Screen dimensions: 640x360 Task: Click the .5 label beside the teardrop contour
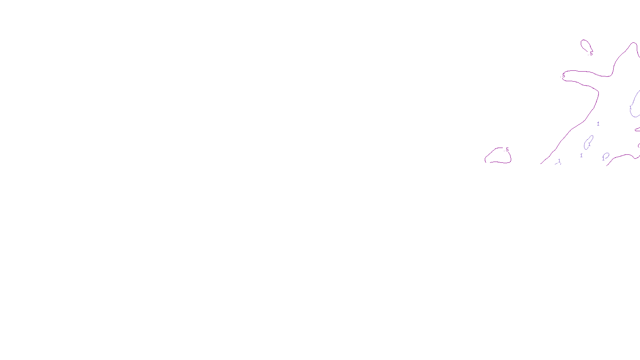point(591,53)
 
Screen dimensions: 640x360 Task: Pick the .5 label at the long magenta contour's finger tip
point(564,76)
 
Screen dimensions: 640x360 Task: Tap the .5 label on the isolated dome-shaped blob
point(507,150)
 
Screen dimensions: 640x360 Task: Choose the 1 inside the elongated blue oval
point(589,144)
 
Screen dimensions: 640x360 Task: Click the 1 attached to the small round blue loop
point(603,159)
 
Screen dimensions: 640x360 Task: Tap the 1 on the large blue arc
point(630,108)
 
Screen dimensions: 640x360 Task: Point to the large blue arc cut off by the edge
point(634,98)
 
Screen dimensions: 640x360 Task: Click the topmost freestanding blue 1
point(598,124)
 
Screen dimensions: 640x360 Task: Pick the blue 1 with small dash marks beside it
point(559,161)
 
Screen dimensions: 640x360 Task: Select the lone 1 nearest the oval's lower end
point(581,156)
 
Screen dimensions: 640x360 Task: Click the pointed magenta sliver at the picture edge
point(637,129)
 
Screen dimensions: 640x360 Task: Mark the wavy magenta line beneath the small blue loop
point(622,156)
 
